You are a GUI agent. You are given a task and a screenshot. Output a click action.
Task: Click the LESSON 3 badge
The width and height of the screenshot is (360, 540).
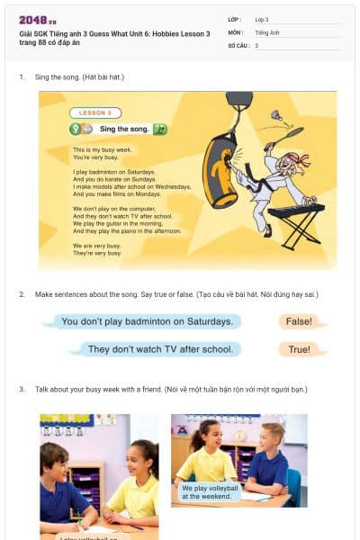click(95, 113)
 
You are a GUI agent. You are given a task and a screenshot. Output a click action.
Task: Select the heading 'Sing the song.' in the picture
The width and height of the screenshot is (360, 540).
click(118, 130)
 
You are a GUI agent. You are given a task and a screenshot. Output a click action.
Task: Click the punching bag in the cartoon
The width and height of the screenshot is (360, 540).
click(219, 170)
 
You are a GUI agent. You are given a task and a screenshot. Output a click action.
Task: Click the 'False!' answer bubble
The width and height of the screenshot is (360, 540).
click(299, 321)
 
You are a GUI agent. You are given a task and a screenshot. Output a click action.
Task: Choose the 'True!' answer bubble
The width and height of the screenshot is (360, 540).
click(299, 349)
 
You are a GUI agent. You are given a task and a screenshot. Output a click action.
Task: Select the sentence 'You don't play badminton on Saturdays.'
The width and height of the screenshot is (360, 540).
click(145, 321)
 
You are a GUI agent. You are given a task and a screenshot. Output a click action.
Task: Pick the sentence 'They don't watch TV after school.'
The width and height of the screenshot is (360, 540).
click(161, 349)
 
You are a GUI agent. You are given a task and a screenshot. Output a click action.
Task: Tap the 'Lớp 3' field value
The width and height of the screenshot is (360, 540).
click(262, 18)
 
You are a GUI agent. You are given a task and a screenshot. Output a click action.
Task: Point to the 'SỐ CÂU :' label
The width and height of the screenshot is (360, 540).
click(239, 45)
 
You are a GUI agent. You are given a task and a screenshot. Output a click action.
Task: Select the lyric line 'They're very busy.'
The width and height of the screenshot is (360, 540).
click(96, 253)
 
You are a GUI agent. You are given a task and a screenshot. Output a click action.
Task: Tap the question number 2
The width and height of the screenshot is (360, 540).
click(22, 294)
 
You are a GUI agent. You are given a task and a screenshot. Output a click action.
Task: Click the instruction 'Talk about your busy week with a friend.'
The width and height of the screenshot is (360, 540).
click(99, 389)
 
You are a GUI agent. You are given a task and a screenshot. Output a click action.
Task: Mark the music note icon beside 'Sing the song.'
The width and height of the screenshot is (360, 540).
click(160, 130)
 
